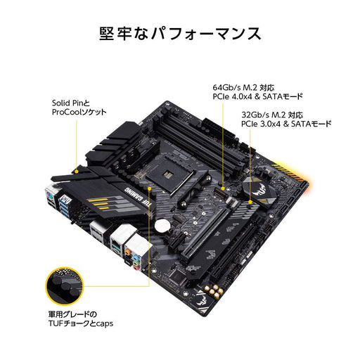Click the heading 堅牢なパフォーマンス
point(180,33)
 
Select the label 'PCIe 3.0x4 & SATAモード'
point(285,123)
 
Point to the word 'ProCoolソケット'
point(81,113)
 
